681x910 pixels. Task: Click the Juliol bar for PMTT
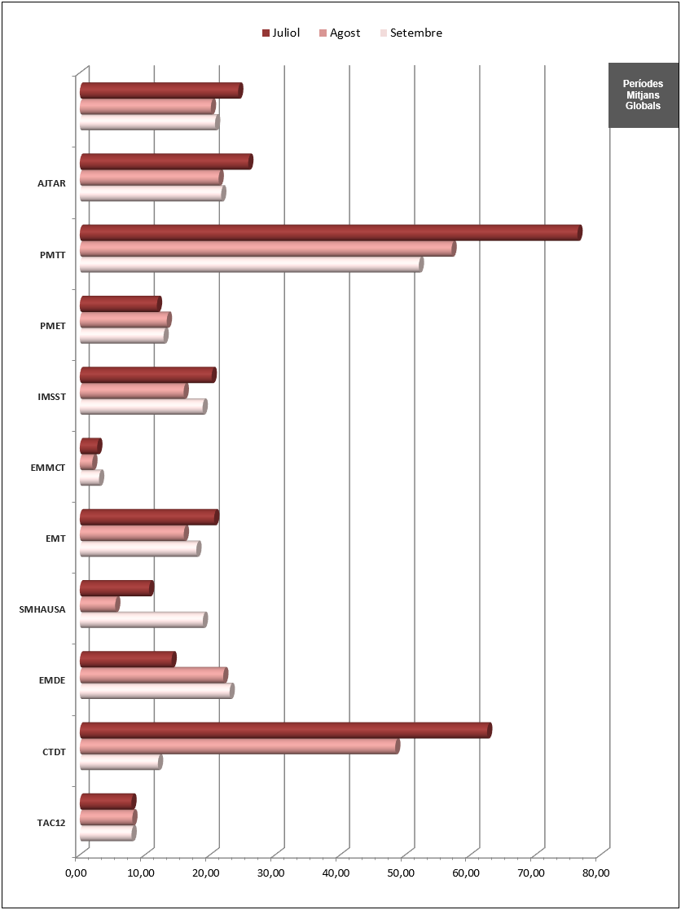coord(330,233)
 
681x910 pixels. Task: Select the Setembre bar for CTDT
coord(121,763)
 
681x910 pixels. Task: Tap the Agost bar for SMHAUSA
coord(99,604)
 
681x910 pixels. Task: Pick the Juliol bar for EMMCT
coord(90,446)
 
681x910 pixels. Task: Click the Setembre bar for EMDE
coord(156,691)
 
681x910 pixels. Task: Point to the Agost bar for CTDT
coord(239,746)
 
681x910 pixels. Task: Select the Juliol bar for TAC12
coord(108,802)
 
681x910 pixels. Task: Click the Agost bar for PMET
coord(125,319)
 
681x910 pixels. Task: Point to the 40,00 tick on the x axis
coord(336,873)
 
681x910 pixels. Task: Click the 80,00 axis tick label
coord(596,873)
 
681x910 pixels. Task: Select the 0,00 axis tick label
coord(75,873)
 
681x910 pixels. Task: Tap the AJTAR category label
coord(51,182)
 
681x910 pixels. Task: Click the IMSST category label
coord(51,397)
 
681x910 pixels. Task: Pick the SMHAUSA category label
coord(42,609)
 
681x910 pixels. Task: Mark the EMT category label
coord(55,538)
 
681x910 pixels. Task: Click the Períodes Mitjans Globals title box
coord(643,95)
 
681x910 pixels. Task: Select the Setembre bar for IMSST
coord(143,407)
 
